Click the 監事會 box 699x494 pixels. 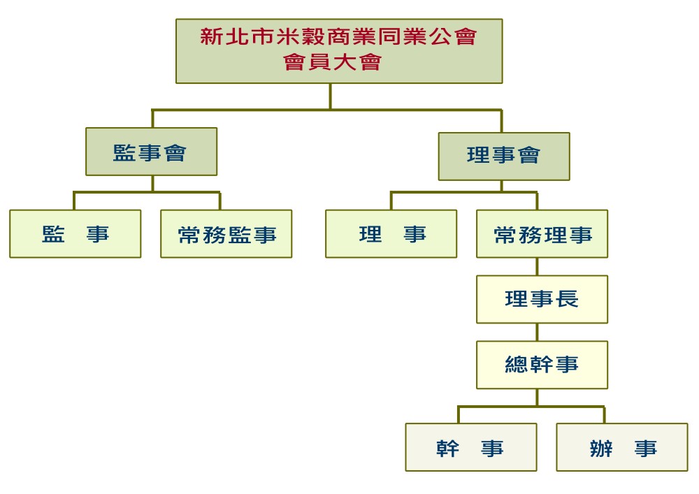tap(152, 152)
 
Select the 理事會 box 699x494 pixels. tap(504, 157)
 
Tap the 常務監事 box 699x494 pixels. tap(226, 234)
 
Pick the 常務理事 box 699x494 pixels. tap(542, 234)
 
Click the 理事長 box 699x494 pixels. tap(542, 299)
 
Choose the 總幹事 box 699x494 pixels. tap(542, 365)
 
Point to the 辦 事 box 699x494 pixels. tap(622, 447)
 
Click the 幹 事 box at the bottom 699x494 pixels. tap(471, 447)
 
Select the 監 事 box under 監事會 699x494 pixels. tap(75, 234)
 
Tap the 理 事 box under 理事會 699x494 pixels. tap(391, 234)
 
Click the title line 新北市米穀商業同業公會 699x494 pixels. tap(339, 36)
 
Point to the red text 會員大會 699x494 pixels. tap(333, 62)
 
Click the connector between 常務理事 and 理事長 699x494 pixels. tap(537, 267)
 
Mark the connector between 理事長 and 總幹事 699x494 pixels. tap(537, 333)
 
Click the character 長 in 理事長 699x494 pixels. tap(567, 299)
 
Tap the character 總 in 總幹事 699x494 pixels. tap(517, 364)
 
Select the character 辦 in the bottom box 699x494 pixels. tap(601, 448)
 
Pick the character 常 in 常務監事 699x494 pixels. tap(190, 235)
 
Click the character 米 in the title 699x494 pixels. tap(288, 36)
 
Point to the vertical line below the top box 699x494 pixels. tap(331, 96)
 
